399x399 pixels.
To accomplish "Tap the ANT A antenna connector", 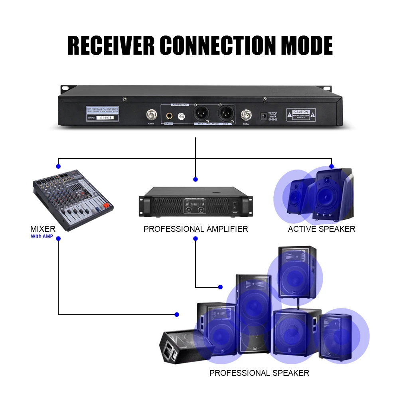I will click(245, 116).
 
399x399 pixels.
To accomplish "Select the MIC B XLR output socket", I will click(201, 114).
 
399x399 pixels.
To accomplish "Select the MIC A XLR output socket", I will click(225, 114).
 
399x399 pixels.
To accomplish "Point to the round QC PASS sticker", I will click(182, 116).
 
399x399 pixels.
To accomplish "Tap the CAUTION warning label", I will click(300, 115).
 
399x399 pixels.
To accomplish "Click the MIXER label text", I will click(43, 229).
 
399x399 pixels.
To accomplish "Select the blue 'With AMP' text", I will click(42, 236).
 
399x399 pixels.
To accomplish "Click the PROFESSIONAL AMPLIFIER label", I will click(196, 229).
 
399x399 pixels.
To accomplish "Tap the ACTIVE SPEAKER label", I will click(321, 229).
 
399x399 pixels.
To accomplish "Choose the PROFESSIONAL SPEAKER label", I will click(259, 373).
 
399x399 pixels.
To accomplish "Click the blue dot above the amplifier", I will click(196, 179).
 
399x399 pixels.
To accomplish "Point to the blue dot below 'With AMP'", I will click(59, 239).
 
